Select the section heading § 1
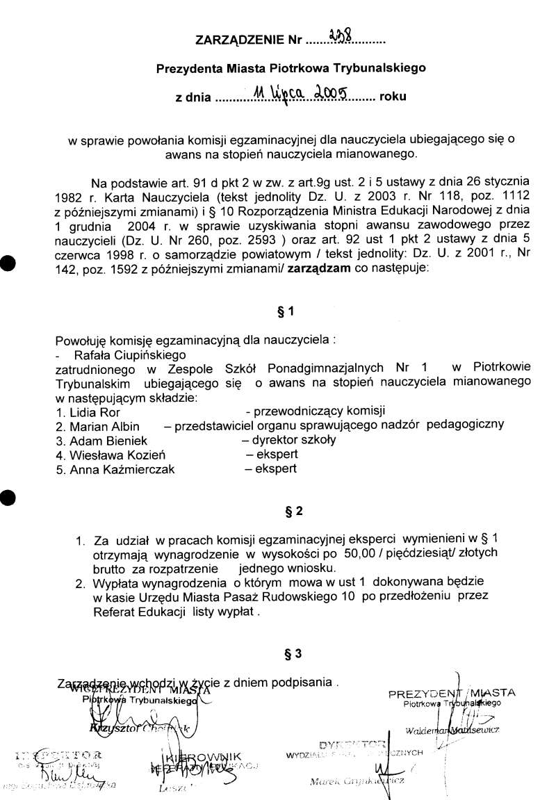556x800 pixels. (286, 312)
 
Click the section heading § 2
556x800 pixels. (294, 512)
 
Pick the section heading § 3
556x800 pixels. (293, 653)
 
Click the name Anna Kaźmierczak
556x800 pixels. (122, 469)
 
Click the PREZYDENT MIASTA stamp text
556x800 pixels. (452, 693)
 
